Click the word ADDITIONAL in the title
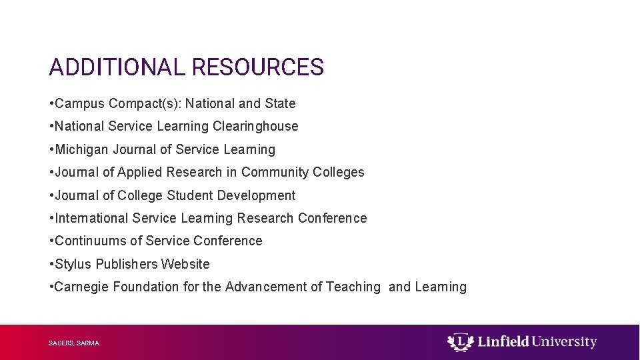tap(118, 67)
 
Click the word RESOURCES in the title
tap(258, 67)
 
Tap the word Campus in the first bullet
tap(80, 103)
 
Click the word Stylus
tap(73, 264)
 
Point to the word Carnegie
tap(82, 287)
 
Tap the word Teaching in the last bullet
tap(353, 287)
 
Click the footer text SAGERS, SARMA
tap(74, 343)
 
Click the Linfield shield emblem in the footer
tap(458, 342)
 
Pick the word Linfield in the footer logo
tap(501, 342)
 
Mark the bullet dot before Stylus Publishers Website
tap(51, 264)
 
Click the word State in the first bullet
tap(280, 103)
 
